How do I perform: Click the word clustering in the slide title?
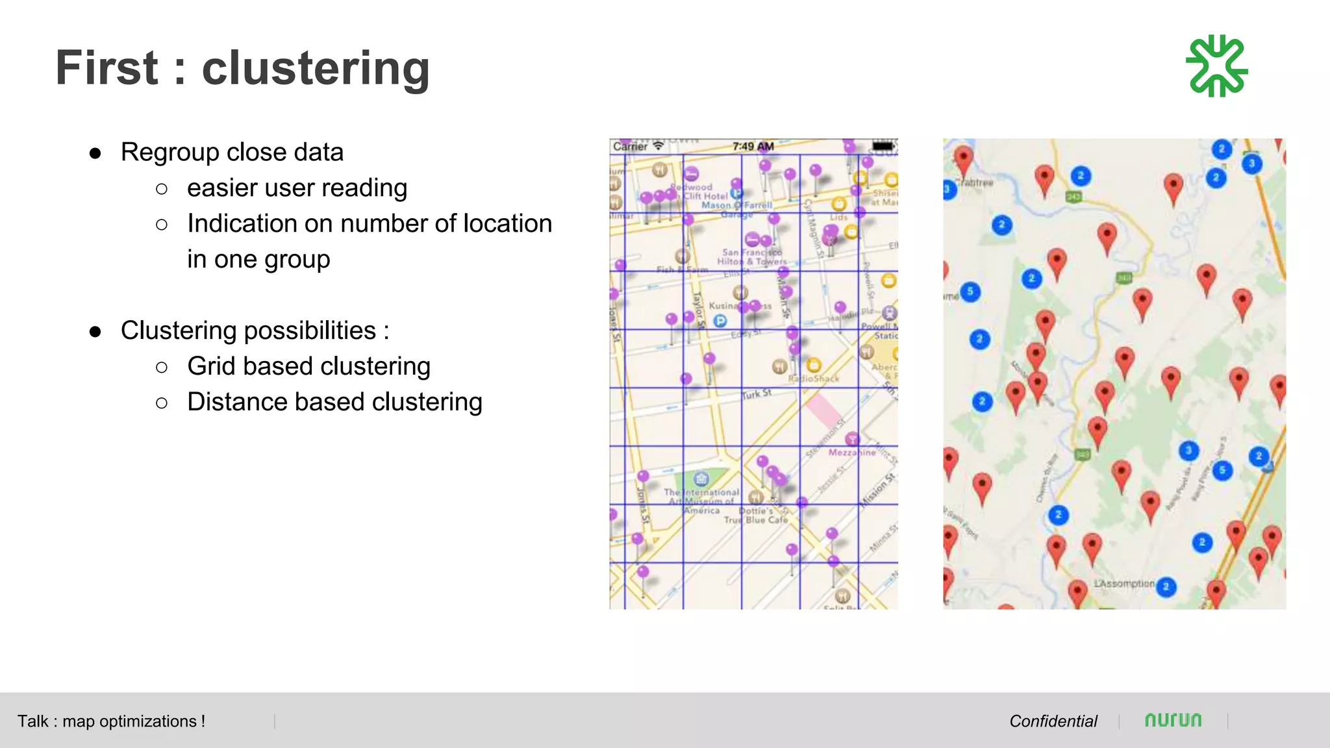click(x=316, y=68)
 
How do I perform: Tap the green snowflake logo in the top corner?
click(x=1216, y=66)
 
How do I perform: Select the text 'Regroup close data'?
click(x=232, y=153)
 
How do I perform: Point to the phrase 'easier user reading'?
click(x=297, y=188)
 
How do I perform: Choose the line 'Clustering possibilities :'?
click(x=255, y=330)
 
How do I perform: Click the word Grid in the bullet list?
click(x=212, y=366)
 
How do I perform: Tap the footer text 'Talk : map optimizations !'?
click(x=111, y=721)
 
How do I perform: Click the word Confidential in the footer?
click(x=1053, y=721)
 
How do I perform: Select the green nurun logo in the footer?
click(x=1173, y=720)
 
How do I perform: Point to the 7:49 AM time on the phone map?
click(x=753, y=147)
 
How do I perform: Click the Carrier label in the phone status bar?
click(x=630, y=147)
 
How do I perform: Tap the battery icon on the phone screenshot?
click(x=883, y=146)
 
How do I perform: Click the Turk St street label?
click(x=757, y=394)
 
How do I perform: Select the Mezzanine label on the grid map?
click(x=851, y=453)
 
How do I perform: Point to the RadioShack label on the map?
click(x=814, y=379)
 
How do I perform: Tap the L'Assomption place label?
click(x=1124, y=584)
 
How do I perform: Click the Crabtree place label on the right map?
click(x=975, y=183)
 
